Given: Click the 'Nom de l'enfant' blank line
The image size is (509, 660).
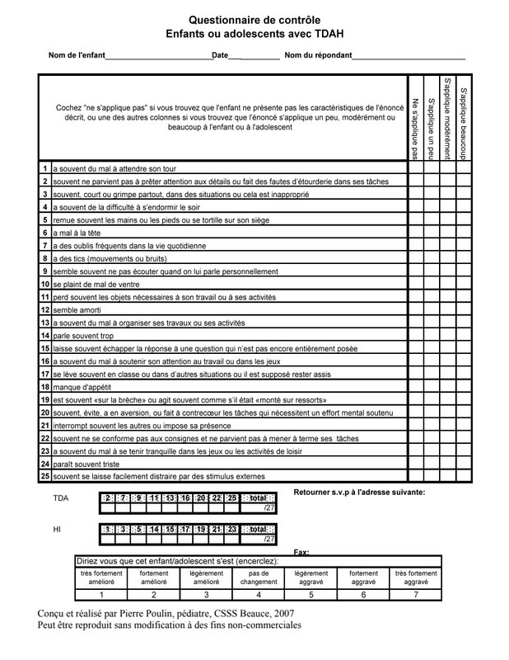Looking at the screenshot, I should click(157, 55).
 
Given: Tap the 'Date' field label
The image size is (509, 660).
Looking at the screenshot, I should click(220, 55).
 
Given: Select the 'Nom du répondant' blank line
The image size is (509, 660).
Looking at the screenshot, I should click(409, 55).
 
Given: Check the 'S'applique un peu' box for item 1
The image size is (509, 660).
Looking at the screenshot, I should click(431, 168).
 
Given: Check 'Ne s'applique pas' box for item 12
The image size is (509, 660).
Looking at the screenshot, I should click(414, 309).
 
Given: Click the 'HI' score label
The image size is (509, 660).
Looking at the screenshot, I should click(58, 530).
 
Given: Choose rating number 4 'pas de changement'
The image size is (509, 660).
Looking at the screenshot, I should click(259, 595).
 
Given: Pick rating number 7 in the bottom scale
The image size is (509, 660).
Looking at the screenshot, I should click(416, 595).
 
